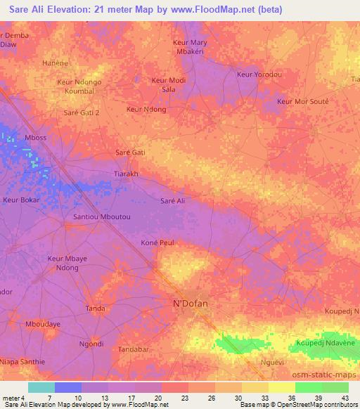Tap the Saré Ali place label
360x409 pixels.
click(173, 201)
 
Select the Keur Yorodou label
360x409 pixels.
click(259, 74)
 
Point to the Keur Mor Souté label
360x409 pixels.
click(303, 102)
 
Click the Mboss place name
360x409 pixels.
click(35, 138)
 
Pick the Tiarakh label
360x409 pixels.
click(126, 174)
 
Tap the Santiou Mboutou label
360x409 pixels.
click(102, 218)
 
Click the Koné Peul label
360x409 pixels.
click(156, 242)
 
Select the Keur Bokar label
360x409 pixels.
click(21, 200)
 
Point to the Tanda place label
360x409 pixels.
click(95, 309)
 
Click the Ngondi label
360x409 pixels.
click(91, 344)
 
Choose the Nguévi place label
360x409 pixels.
click(271, 362)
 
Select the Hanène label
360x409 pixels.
click(55, 63)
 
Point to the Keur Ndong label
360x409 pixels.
click(146, 110)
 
